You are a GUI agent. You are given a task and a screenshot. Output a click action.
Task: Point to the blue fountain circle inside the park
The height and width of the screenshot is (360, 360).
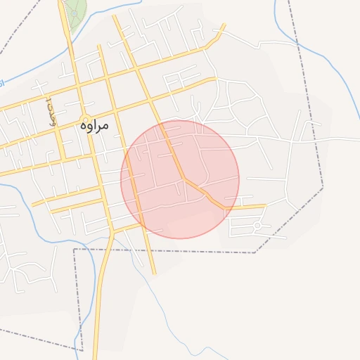73,13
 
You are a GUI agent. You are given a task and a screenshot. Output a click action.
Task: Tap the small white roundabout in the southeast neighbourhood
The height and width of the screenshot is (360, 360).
257,225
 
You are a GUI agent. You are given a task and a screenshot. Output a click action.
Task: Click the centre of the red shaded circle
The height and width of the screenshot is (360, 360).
180,179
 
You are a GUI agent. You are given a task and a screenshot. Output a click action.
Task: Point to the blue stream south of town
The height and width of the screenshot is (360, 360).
162,302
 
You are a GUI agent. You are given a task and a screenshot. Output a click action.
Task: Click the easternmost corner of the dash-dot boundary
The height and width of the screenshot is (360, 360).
323,188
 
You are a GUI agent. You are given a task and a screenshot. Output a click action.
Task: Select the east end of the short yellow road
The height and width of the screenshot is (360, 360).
264,206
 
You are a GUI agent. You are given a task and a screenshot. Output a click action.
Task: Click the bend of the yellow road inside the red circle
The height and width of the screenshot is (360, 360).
186,179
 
